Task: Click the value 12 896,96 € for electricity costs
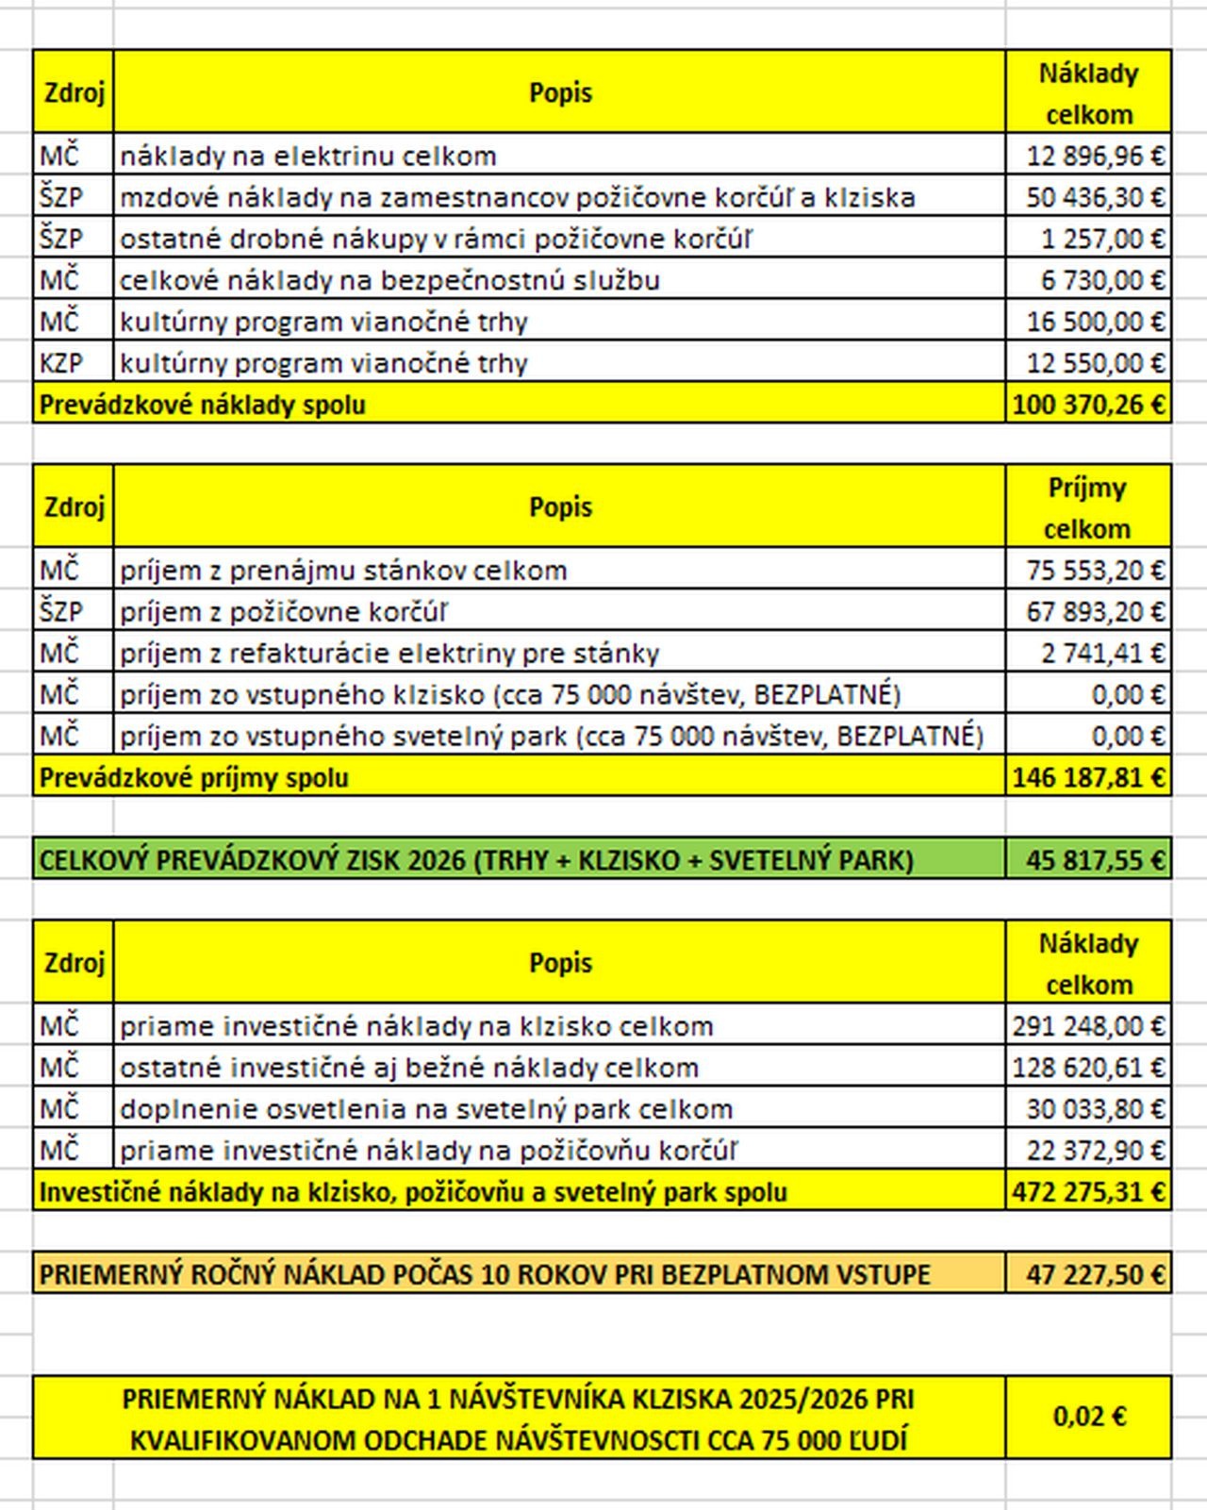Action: point(1095,156)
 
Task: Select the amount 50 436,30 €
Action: point(1095,197)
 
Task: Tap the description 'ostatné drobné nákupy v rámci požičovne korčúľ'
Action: point(436,239)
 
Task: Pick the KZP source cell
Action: point(61,363)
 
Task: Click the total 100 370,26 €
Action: point(1088,405)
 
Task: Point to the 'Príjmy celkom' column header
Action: point(1087,507)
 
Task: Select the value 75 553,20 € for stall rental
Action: point(1095,571)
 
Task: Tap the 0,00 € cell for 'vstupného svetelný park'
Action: point(1128,736)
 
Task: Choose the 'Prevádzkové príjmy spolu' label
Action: point(194,778)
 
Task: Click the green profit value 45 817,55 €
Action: point(1095,860)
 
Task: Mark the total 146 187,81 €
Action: point(1088,778)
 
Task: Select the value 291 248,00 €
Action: point(1088,1026)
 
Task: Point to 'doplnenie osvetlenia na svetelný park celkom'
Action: point(426,1109)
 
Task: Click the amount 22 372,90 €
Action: point(1095,1151)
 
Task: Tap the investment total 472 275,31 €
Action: point(1088,1192)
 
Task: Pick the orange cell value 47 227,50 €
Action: point(1095,1275)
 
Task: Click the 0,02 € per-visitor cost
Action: point(1089,1417)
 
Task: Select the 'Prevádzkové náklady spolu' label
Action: point(203,406)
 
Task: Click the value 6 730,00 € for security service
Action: point(1102,280)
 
